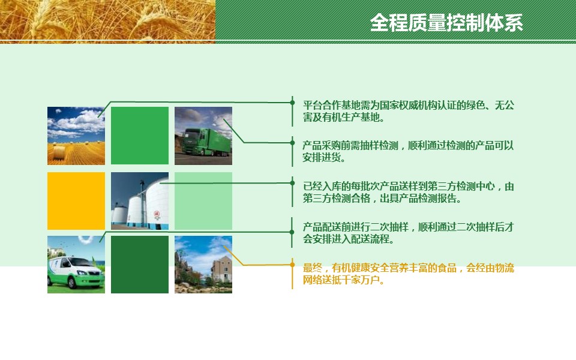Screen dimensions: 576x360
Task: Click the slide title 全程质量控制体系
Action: click(446, 23)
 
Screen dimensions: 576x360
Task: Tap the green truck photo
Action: click(203, 136)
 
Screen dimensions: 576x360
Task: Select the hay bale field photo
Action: click(76, 136)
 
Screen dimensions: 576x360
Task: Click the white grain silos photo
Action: click(140, 201)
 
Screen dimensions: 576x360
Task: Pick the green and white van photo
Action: click(76, 265)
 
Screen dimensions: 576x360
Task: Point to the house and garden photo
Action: click(203, 265)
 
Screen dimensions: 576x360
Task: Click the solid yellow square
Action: click(76, 201)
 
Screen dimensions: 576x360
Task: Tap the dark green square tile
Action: click(140, 265)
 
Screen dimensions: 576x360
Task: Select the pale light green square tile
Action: click(203, 201)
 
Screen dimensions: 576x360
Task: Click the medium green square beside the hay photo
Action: click(140, 136)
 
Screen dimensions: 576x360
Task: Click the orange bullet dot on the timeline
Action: click(292, 265)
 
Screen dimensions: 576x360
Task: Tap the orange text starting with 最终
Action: click(408, 274)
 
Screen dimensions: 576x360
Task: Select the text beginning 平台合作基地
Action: click(408, 112)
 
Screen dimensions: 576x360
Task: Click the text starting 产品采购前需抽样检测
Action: click(408, 151)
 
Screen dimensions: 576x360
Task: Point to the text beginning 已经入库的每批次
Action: click(408, 192)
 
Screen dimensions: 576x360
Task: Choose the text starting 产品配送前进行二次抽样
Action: click(408, 233)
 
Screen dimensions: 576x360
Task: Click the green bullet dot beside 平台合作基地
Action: click(292, 103)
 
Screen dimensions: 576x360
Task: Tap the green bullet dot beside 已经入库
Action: click(292, 182)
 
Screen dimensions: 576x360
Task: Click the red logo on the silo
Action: click(157, 214)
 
